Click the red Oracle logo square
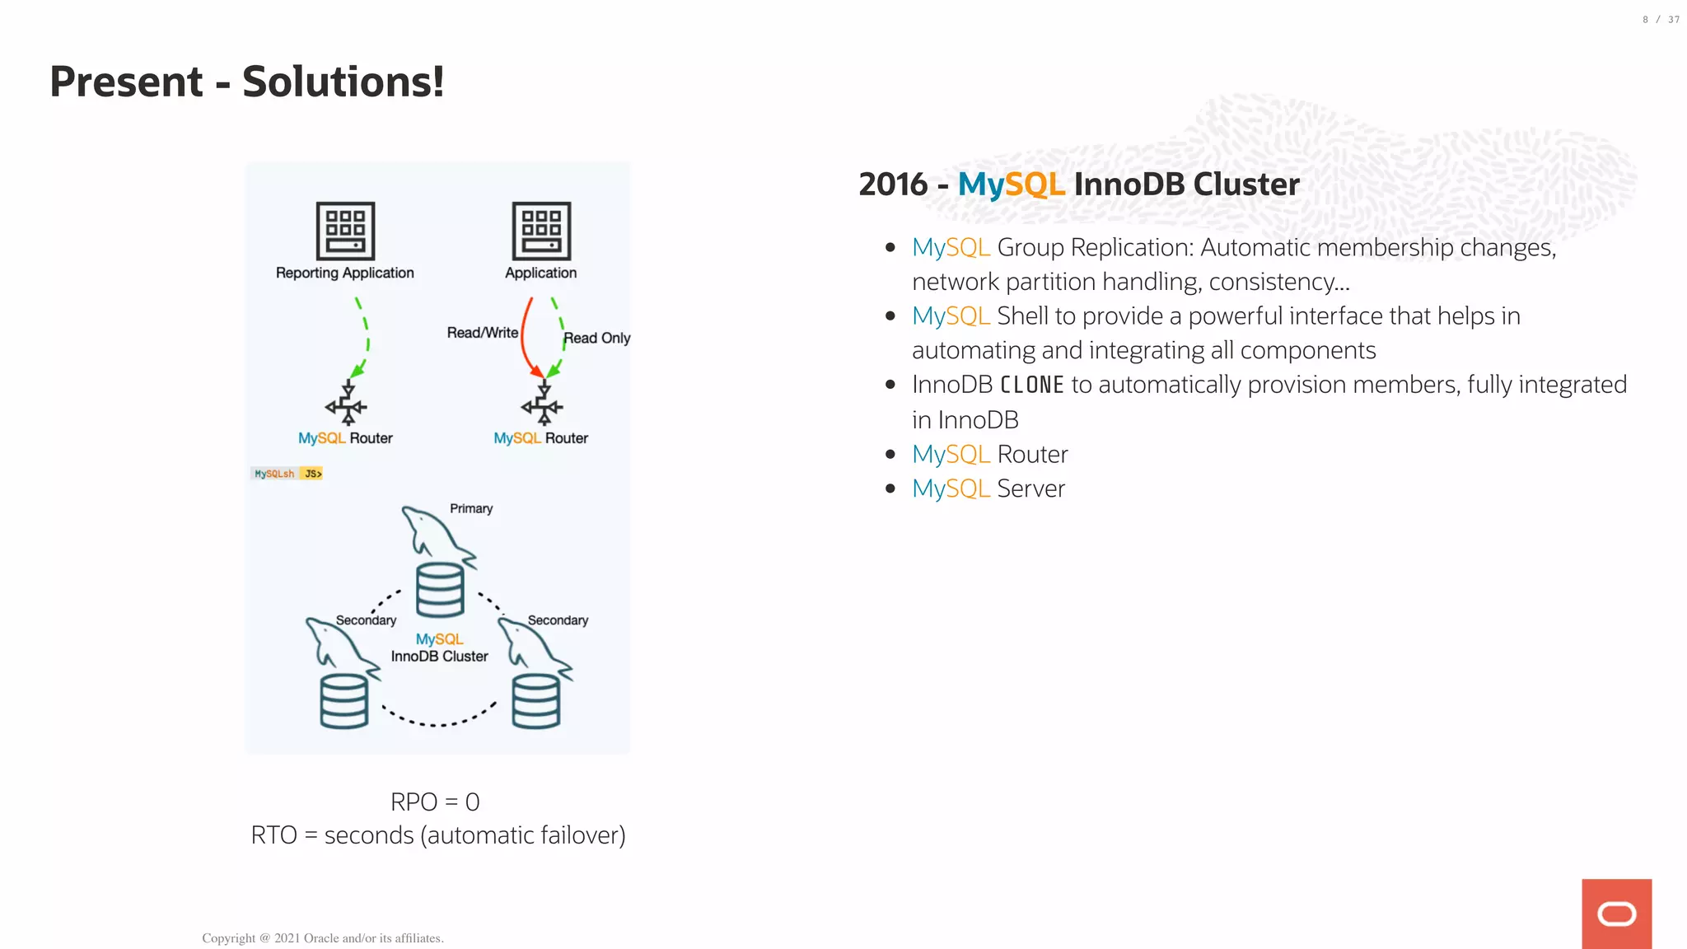click(1616, 913)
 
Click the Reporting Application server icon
click(345, 231)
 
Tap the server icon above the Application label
click(541, 231)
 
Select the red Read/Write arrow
click(524, 338)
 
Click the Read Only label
click(596, 338)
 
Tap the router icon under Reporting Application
click(347, 404)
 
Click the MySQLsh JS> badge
click(287, 474)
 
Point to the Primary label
click(471, 508)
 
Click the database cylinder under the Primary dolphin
click(440, 590)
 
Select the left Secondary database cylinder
click(343, 701)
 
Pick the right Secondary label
click(558, 620)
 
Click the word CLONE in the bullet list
click(1031, 385)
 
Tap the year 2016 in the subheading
click(893, 184)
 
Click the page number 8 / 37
click(1660, 20)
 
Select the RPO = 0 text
click(435, 802)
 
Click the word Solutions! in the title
click(343, 82)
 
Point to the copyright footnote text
click(323, 937)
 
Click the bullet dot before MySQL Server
click(890, 489)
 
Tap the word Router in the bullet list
click(1032, 454)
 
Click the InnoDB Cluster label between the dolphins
click(439, 657)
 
